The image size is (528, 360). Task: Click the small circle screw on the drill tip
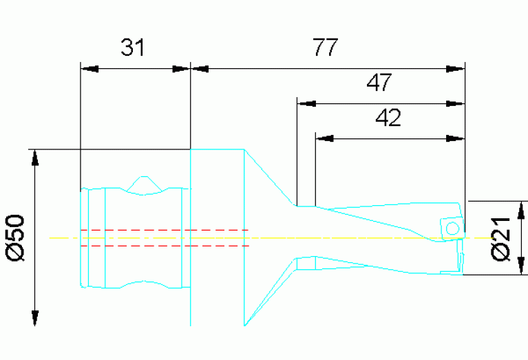pyautogui.click(x=452, y=228)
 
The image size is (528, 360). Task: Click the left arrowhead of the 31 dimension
pyautogui.click(x=90, y=69)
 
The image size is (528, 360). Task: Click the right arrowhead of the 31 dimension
pyautogui.click(x=180, y=69)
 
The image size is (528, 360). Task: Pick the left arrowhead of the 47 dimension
pyautogui.click(x=306, y=104)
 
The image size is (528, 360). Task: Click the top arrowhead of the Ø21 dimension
pyautogui.click(x=520, y=211)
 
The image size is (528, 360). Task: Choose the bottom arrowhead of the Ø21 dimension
pyautogui.click(x=520, y=266)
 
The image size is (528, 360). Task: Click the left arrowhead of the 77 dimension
pyautogui.click(x=200, y=69)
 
